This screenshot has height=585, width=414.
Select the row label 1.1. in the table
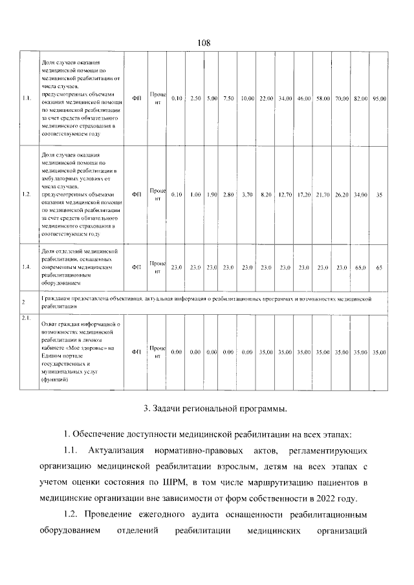click(27, 98)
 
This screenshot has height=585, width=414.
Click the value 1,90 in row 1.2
click(212, 194)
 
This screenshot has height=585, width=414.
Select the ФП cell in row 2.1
click(136, 352)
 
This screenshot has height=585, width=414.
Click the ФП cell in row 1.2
click(136, 194)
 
